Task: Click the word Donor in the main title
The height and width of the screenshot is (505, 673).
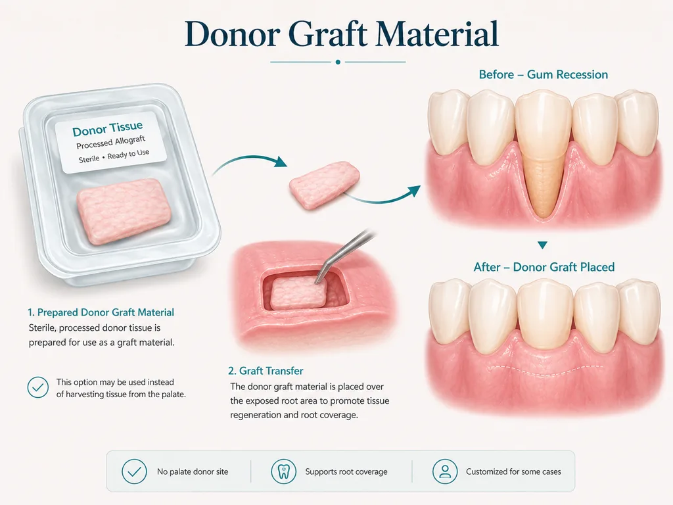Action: [233, 34]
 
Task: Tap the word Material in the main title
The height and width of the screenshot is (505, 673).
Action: [437, 34]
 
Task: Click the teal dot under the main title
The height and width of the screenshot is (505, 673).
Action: [338, 62]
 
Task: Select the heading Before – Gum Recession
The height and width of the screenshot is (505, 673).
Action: [544, 75]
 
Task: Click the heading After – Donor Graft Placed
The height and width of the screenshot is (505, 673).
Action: [544, 267]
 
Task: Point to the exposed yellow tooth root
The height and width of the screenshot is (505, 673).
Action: [542, 185]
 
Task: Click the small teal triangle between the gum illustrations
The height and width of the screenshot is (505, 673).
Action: [542, 245]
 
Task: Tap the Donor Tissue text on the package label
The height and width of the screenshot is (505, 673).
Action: [107, 128]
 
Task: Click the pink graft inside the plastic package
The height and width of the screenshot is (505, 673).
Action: [124, 211]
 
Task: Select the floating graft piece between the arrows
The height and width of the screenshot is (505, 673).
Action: [324, 185]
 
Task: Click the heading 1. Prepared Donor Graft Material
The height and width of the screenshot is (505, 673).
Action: [101, 312]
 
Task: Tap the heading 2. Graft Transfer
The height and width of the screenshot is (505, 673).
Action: [266, 371]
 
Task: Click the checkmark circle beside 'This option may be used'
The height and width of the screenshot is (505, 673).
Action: [37, 387]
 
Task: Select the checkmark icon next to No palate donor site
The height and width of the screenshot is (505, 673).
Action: [134, 471]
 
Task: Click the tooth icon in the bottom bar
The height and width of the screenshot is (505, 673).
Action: [284, 471]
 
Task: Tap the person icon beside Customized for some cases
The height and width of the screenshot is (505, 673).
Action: [445, 471]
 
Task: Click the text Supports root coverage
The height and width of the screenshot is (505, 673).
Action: [346, 471]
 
